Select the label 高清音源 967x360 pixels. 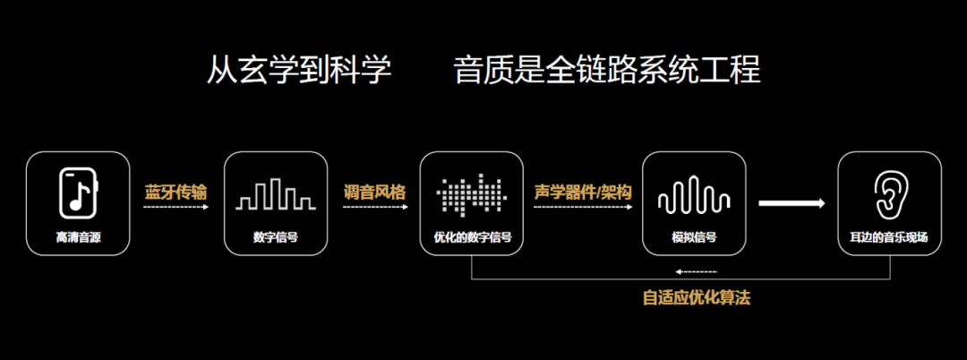78,238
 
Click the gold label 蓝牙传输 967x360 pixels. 175,191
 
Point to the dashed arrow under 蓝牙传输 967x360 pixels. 175,207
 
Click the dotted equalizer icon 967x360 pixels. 472,193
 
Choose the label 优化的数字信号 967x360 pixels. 472,238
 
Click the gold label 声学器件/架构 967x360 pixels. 583,191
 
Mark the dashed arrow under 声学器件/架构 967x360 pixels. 583,207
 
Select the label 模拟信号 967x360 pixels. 694,238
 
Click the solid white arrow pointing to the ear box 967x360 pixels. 792,203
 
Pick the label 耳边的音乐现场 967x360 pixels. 889,238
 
